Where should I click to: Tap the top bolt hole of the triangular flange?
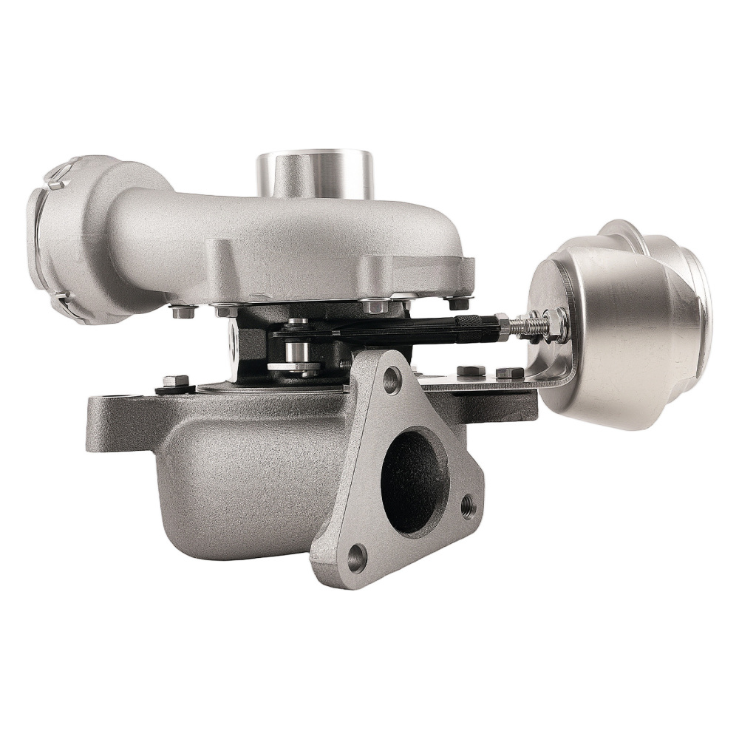[392, 381]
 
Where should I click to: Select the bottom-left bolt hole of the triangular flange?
[357, 558]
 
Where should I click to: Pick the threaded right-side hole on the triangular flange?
[468, 506]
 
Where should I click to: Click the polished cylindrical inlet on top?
[315, 174]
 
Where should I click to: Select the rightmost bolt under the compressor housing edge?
[457, 302]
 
